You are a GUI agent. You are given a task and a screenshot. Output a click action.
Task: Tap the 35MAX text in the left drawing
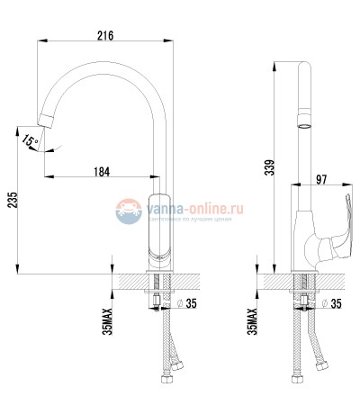[107, 319]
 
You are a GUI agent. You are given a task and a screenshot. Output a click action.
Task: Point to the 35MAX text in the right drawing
[252, 319]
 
